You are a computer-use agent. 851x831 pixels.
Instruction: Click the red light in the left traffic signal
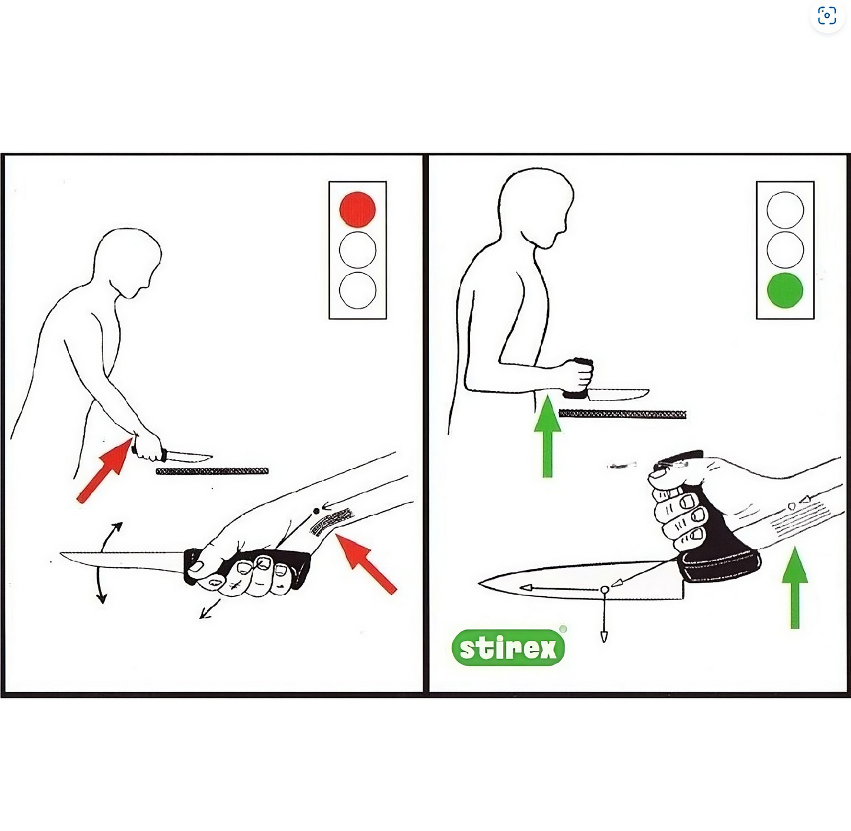pos(357,210)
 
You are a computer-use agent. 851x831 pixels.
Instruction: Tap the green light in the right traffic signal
pos(785,290)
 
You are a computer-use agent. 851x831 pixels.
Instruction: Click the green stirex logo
pos(508,648)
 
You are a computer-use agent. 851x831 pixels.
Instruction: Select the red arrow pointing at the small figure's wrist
pos(105,471)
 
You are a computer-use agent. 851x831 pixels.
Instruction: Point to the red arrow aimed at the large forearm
pos(366,564)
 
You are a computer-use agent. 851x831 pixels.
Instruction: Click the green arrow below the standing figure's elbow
pos(548,436)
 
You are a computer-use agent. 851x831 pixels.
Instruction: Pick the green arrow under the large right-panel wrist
pos(795,587)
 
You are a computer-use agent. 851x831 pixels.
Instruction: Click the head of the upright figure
pos(536,208)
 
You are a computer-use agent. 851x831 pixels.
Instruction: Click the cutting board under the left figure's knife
pos(212,471)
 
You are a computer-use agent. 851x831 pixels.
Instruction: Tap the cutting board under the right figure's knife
pos(622,414)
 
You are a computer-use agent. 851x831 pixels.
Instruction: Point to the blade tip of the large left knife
pos(60,553)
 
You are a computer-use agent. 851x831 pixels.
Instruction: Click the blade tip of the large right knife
pos(479,583)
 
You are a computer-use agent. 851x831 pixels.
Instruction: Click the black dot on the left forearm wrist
pos(316,511)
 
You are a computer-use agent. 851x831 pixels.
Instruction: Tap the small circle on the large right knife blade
pos(604,590)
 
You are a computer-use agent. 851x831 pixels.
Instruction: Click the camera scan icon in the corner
pos(826,16)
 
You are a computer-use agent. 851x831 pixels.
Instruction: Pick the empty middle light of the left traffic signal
pos(357,250)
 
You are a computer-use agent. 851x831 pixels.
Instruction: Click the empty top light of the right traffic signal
pos(785,210)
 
